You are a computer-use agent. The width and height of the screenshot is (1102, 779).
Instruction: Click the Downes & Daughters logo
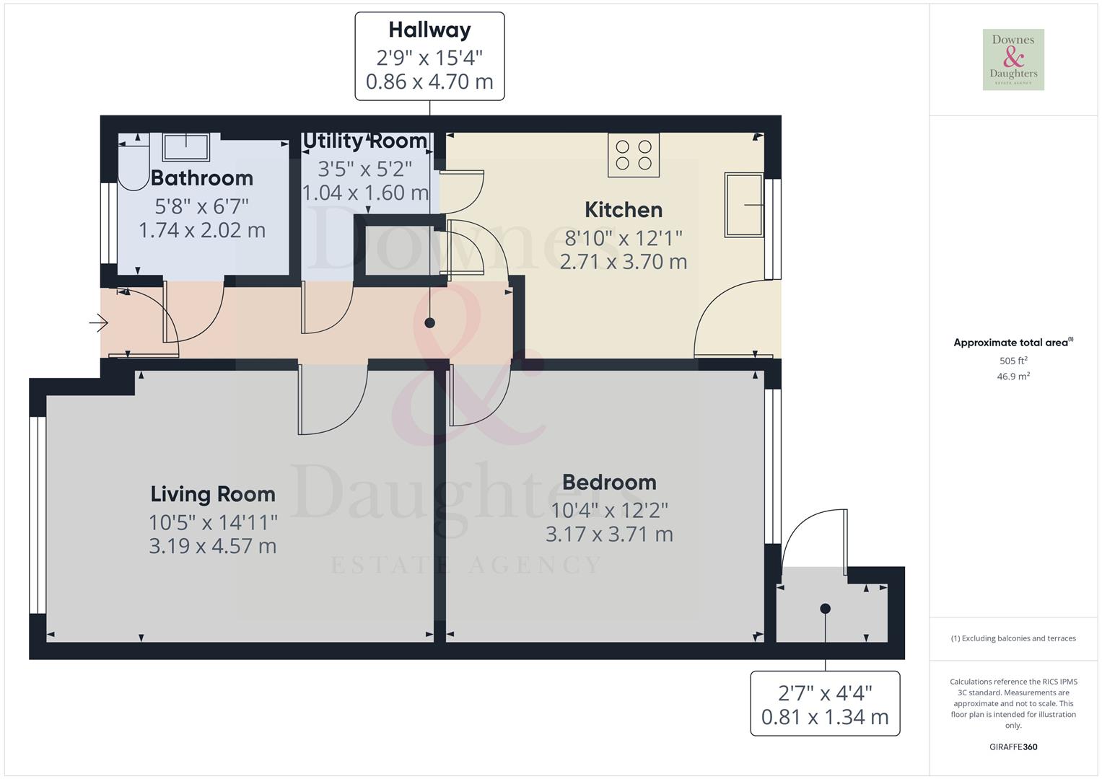[x=1013, y=60]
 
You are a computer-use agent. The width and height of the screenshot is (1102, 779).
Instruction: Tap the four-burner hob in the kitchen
[x=634, y=155]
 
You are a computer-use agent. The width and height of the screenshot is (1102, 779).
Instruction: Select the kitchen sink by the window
[x=743, y=205]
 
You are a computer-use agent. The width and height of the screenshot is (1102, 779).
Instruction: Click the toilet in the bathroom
[x=134, y=163]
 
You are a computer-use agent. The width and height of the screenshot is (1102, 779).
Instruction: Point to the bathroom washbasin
[x=186, y=147]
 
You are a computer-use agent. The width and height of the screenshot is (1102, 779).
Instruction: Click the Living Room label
[x=213, y=494]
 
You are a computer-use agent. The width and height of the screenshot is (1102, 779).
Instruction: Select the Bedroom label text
[x=609, y=482]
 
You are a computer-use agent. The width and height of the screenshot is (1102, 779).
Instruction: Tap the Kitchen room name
[x=624, y=210]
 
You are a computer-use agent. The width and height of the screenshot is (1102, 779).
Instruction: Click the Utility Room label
[x=365, y=141]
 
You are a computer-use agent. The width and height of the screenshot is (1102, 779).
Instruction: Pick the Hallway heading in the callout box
[x=429, y=30]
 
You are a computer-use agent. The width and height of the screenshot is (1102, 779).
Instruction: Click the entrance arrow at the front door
[x=98, y=323]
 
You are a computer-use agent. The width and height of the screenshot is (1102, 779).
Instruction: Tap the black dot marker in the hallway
[x=430, y=323]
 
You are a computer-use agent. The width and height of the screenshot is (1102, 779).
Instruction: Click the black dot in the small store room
[x=826, y=609]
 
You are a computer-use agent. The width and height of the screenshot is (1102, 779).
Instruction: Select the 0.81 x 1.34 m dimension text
[x=825, y=717]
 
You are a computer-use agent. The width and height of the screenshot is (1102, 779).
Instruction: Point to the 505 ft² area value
[x=1013, y=361]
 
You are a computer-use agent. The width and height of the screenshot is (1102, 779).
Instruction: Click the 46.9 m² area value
[x=1013, y=377]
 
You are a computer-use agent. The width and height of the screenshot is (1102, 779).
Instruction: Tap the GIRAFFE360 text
[x=1013, y=747]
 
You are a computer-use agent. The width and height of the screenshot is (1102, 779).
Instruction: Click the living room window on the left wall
[x=38, y=515]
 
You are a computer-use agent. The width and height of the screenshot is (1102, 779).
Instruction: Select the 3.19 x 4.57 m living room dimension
[x=213, y=546]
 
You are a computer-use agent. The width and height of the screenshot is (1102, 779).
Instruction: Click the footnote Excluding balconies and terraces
[x=1013, y=638]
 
